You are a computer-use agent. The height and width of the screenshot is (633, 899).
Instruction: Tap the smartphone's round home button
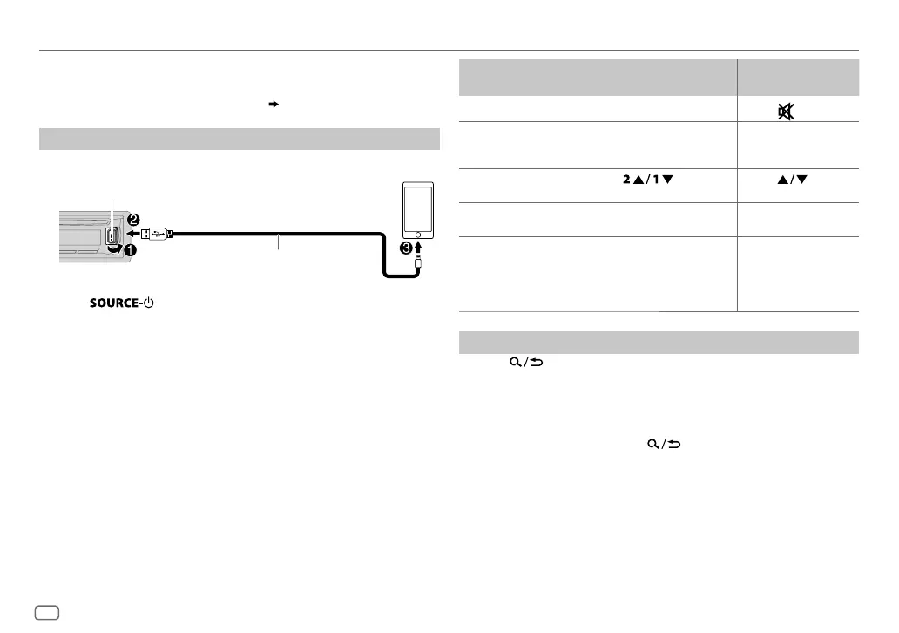click(x=420, y=235)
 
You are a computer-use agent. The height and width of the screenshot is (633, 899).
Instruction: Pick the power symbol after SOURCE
click(x=148, y=303)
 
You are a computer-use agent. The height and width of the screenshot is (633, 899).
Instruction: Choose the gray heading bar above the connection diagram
click(x=239, y=140)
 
